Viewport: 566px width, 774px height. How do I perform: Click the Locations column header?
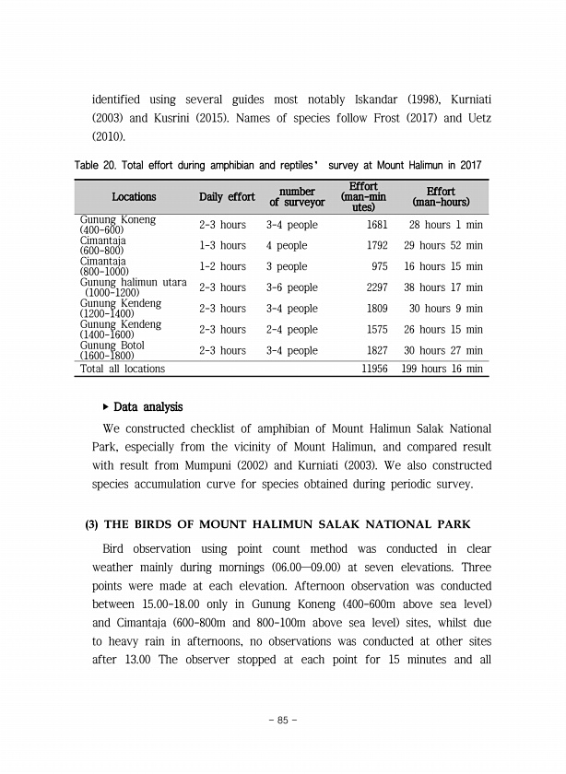[x=134, y=197]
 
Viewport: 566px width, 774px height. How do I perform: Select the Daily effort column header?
[x=227, y=197]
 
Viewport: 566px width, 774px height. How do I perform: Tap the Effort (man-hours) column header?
[x=441, y=197]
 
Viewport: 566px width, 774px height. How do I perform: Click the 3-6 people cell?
[x=291, y=287]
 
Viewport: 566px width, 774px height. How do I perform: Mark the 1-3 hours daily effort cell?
[x=222, y=246]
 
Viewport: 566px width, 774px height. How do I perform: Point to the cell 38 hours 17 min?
[x=443, y=287]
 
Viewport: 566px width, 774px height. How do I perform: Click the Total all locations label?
[x=123, y=369]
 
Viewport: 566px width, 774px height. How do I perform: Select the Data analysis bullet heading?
[x=147, y=407]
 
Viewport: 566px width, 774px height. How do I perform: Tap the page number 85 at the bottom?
[x=282, y=721]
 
